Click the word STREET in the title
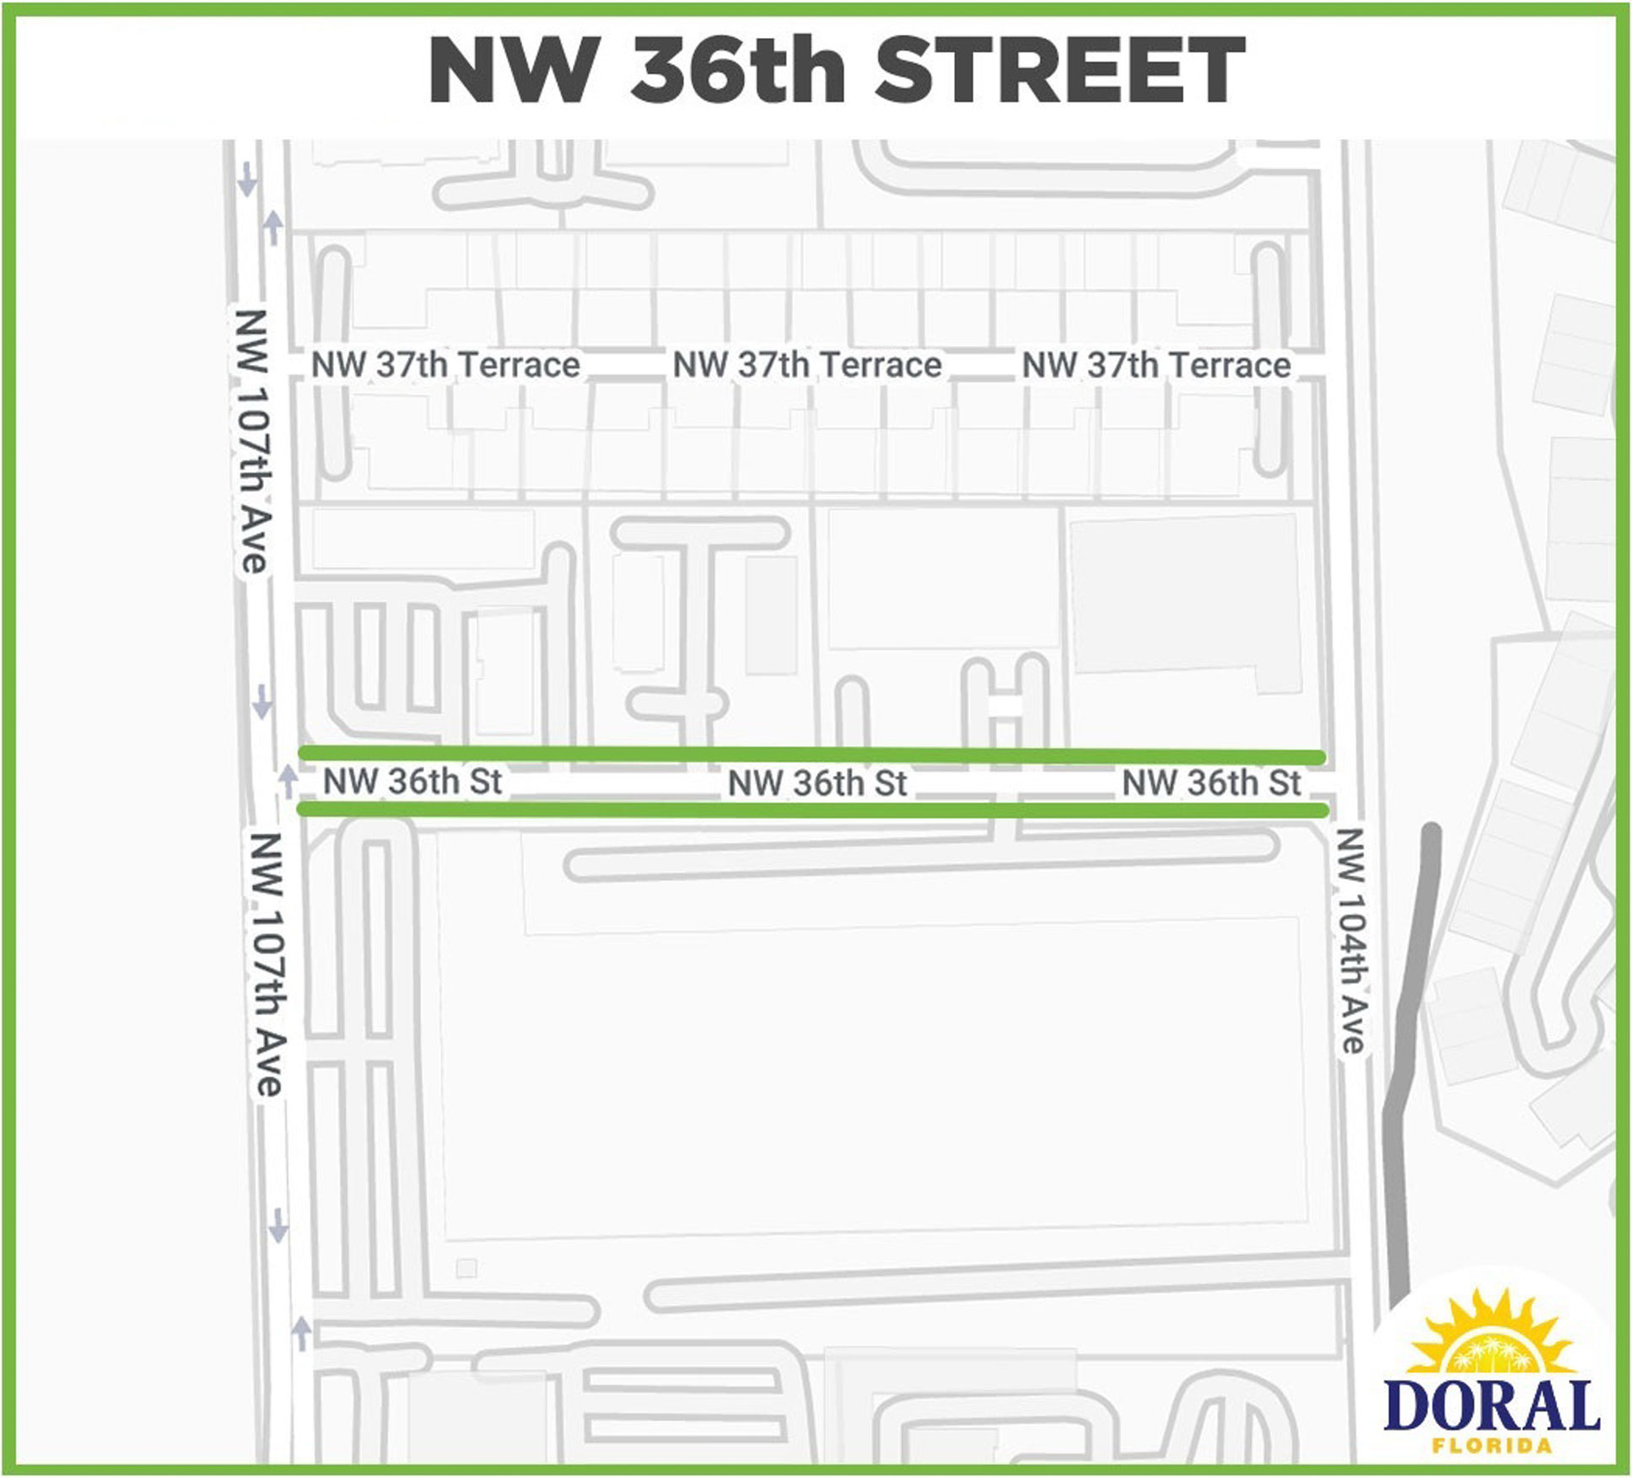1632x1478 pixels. pyautogui.click(x=1060, y=71)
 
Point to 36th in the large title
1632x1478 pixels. pyautogui.click(x=737, y=71)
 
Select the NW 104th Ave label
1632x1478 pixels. pyautogui.click(x=1351, y=939)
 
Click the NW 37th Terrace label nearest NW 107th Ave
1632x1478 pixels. pyautogui.click(x=445, y=365)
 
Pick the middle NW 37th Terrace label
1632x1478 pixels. pyautogui.click(x=806, y=365)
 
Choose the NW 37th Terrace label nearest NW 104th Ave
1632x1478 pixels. pyautogui.click(x=1156, y=365)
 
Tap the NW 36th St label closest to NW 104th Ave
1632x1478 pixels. pyautogui.click(x=1211, y=783)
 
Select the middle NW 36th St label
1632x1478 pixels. pyautogui.click(x=816, y=783)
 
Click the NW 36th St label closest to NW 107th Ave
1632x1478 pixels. pyautogui.click(x=412, y=782)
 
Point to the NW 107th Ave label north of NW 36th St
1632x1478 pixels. pyautogui.click(x=251, y=440)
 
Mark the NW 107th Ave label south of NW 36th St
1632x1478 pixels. pyautogui.click(x=267, y=964)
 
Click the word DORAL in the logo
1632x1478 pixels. pyautogui.click(x=1491, y=1405)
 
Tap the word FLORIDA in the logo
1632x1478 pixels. pyautogui.click(x=1491, y=1445)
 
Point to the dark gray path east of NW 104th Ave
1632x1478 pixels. pyautogui.click(x=1409, y=1054)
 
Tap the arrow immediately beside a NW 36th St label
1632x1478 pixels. pyautogui.click(x=288, y=781)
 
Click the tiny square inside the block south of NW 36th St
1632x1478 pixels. pyautogui.click(x=466, y=1267)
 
